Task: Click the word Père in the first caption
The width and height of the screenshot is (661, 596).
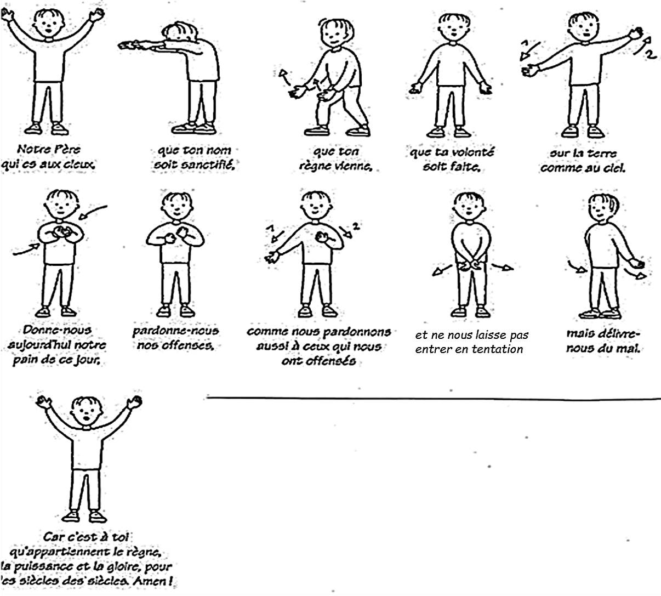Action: [67, 149]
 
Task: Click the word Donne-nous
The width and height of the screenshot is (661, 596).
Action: [58, 330]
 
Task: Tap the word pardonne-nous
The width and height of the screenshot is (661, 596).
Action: [175, 330]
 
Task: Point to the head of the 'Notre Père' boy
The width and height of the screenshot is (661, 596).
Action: [49, 23]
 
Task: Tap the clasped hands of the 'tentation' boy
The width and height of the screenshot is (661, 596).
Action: [469, 266]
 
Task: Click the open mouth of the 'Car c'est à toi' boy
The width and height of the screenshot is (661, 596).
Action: [87, 418]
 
